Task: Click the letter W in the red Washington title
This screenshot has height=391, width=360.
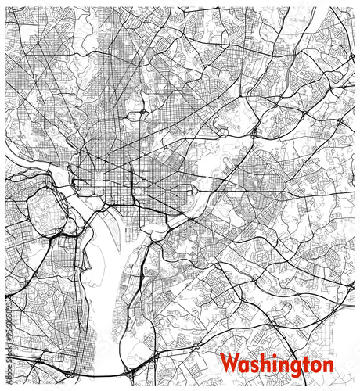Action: [x=229, y=364]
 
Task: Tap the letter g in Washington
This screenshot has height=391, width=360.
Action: [x=290, y=366]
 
